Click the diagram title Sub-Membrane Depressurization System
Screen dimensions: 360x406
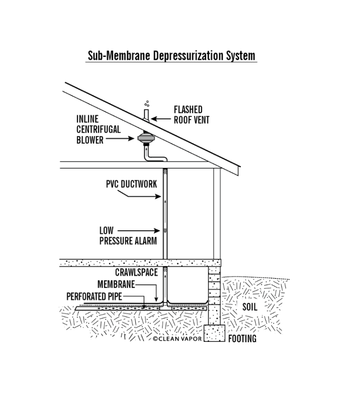pyautogui.click(x=171, y=56)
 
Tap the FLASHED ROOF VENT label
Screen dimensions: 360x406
pyautogui.click(x=191, y=115)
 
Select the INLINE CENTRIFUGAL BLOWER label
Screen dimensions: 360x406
pyautogui.click(x=98, y=129)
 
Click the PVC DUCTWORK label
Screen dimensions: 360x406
pyautogui.click(x=131, y=184)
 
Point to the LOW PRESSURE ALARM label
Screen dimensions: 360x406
pyautogui.click(x=128, y=236)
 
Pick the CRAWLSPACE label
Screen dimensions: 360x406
pyautogui.click(x=137, y=272)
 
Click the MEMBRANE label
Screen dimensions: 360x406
pyautogui.click(x=116, y=284)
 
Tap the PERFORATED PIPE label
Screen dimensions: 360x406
pyautogui.click(x=94, y=296)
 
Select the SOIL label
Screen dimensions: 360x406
pyautogui.click(x=250, y=307)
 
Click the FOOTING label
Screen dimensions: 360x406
pyautogui.click(x=242, y=339)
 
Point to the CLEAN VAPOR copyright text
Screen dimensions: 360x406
pyautogui.click(x=177, y=339)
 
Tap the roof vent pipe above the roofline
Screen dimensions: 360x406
pyautogui.click(x=146, y=115)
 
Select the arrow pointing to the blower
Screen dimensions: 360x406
pyautogui.click(x=120, y=139)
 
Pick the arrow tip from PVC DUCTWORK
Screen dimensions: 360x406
pyautogui.click(x=161, y=196)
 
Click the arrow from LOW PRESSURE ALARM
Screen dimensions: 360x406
pyautogui.click(x=139, y=231)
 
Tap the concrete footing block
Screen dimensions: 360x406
pyautogui.click(x=214, y=333)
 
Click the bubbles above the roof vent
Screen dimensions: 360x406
pyautogui.click(x=147, y=104)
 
